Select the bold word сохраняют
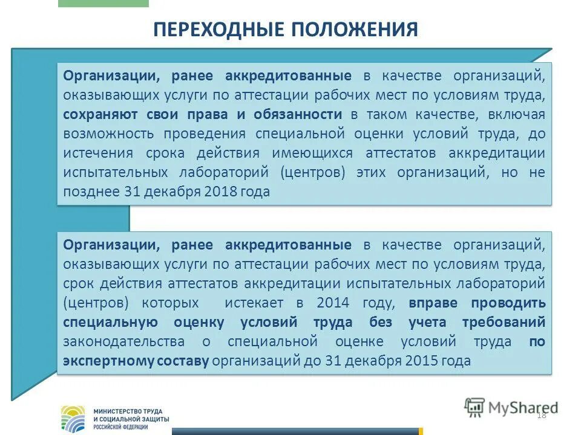pyautogui.click(x=99, y=115)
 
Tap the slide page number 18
pyautogui.click(x=541, y=414)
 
